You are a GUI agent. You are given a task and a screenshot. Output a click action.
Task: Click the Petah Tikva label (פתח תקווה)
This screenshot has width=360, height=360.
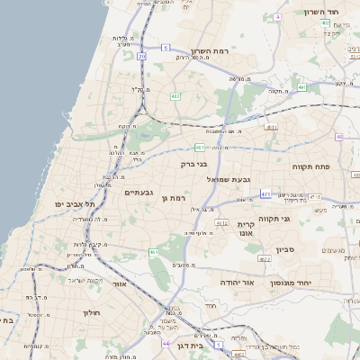click(x=310, y=167)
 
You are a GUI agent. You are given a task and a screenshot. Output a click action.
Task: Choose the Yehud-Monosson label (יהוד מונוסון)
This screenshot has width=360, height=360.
click(x=313, y=282)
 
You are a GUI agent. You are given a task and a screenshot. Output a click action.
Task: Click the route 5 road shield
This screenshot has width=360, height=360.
click(x=166, y=47)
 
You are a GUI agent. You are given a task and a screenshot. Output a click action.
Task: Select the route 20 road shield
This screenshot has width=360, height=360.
click(x=142, y=56)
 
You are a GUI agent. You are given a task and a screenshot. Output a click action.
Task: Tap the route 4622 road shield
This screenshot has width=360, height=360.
click(x=265, y=258)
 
